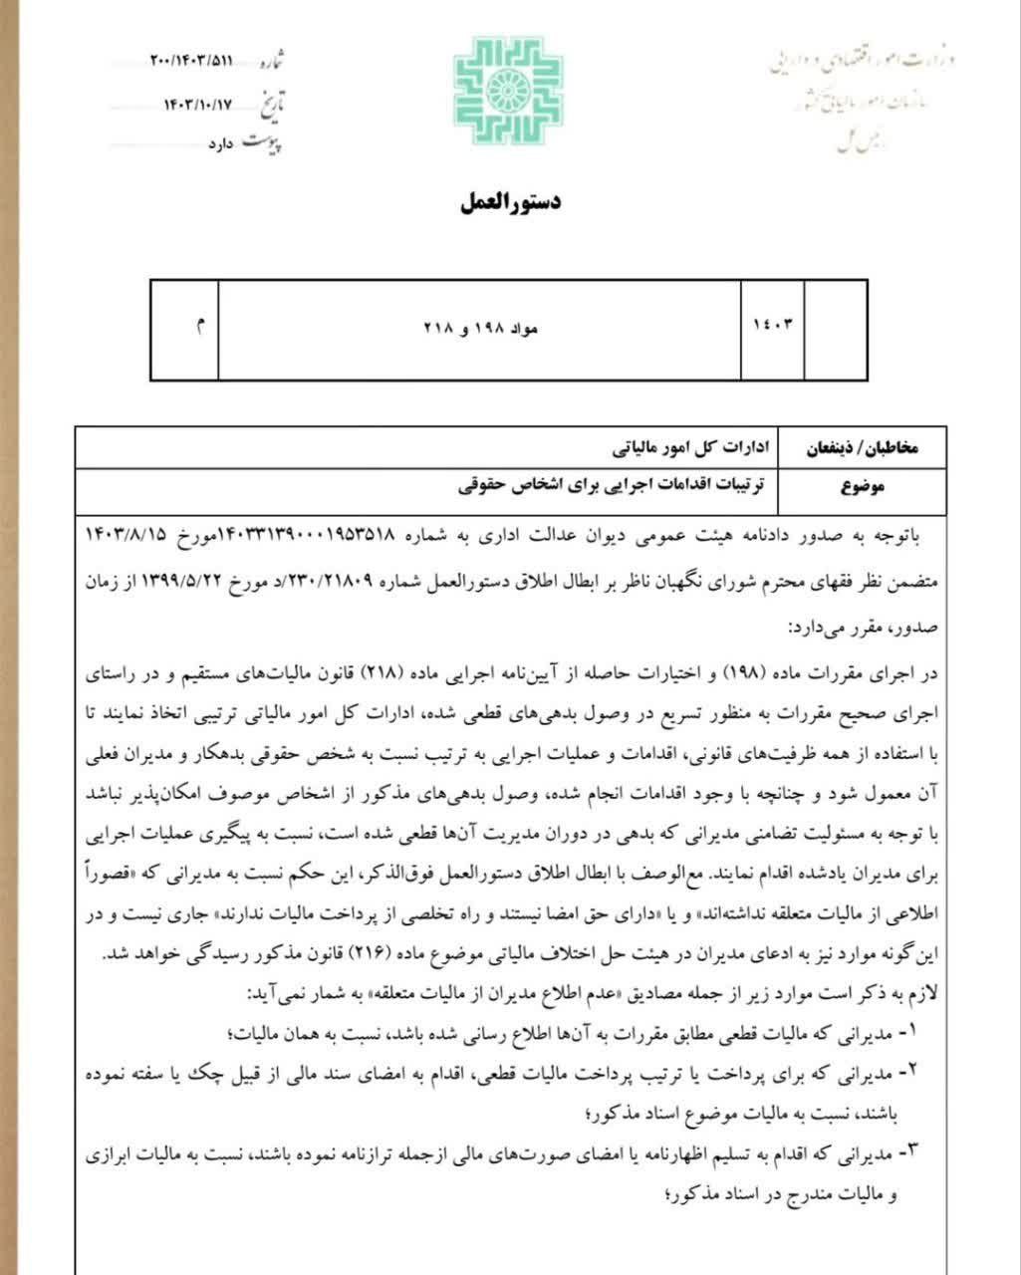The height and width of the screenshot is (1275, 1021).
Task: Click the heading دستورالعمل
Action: (511, 203)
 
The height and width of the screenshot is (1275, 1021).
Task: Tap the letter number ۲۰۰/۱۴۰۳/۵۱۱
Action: (192, 61)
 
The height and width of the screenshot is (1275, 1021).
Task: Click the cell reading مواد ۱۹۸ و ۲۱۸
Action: (482, 329)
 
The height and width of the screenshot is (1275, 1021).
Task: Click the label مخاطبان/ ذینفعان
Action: (862, 449)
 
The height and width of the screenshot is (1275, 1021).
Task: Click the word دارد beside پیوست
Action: (220, 145)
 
